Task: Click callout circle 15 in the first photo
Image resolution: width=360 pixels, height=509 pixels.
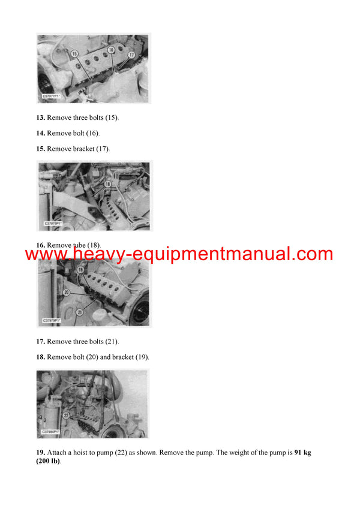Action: point(74,54)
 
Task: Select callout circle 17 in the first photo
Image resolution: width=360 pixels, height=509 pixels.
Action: point(131,55)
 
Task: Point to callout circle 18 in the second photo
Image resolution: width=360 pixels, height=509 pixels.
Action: point(108,184)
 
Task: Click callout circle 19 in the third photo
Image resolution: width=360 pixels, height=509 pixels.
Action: point(80,270)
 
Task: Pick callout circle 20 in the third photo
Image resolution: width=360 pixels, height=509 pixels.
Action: point(67,292)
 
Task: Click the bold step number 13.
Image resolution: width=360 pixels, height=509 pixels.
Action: point(41,118)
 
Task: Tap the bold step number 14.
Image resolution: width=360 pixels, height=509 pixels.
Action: point(41,133)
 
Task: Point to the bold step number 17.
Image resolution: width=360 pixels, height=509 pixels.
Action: point(41,342)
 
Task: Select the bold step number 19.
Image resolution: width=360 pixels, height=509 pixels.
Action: point(41,453)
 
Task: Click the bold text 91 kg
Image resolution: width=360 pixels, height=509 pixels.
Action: point(302,453)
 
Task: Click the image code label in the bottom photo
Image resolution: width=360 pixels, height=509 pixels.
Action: point(52,431)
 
